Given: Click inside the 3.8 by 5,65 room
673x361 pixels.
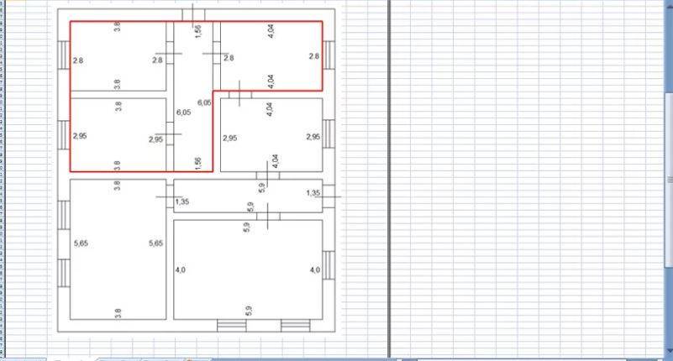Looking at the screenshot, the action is [118, 249].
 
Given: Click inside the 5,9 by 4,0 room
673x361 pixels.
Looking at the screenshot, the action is [248, 269].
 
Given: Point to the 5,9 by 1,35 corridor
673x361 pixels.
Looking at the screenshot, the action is [248, 196].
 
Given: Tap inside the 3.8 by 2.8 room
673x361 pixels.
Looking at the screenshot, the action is [118, 56].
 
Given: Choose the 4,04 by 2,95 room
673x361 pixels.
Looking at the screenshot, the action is [271, 135].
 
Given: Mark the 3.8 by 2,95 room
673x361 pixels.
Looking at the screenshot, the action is [118, 135].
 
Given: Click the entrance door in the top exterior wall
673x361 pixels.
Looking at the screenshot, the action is [193, 15].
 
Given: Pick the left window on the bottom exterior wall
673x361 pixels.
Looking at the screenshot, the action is [232, 326].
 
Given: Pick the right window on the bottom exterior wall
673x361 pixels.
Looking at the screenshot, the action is [296, 326].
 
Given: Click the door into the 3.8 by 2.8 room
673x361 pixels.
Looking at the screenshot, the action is [170, 54].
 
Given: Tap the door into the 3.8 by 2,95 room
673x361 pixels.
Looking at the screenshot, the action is [170, 134].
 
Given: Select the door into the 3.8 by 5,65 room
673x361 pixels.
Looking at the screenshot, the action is [170, 196].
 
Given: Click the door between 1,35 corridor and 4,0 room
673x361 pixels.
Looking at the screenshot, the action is [268, 217].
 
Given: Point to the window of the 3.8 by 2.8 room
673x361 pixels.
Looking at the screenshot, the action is [64, 55].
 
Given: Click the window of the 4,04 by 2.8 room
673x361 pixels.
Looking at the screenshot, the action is [329, 55].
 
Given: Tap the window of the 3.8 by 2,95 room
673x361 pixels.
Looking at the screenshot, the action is [64, 134].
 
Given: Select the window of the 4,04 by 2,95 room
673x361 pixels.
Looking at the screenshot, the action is [329, 134].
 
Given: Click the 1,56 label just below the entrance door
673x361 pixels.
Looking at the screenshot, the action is [197, 31].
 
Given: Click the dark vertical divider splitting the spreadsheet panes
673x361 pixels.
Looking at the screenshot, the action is [389, 179].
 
